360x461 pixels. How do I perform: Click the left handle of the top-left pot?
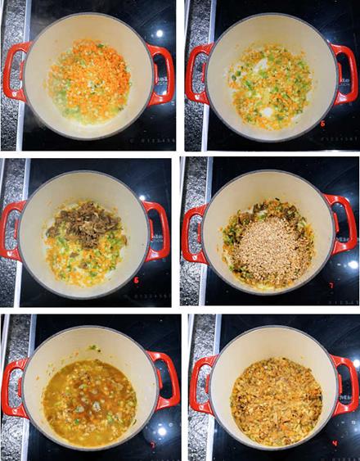tap(12, 71)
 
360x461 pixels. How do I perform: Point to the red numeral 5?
tap(323, 124)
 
